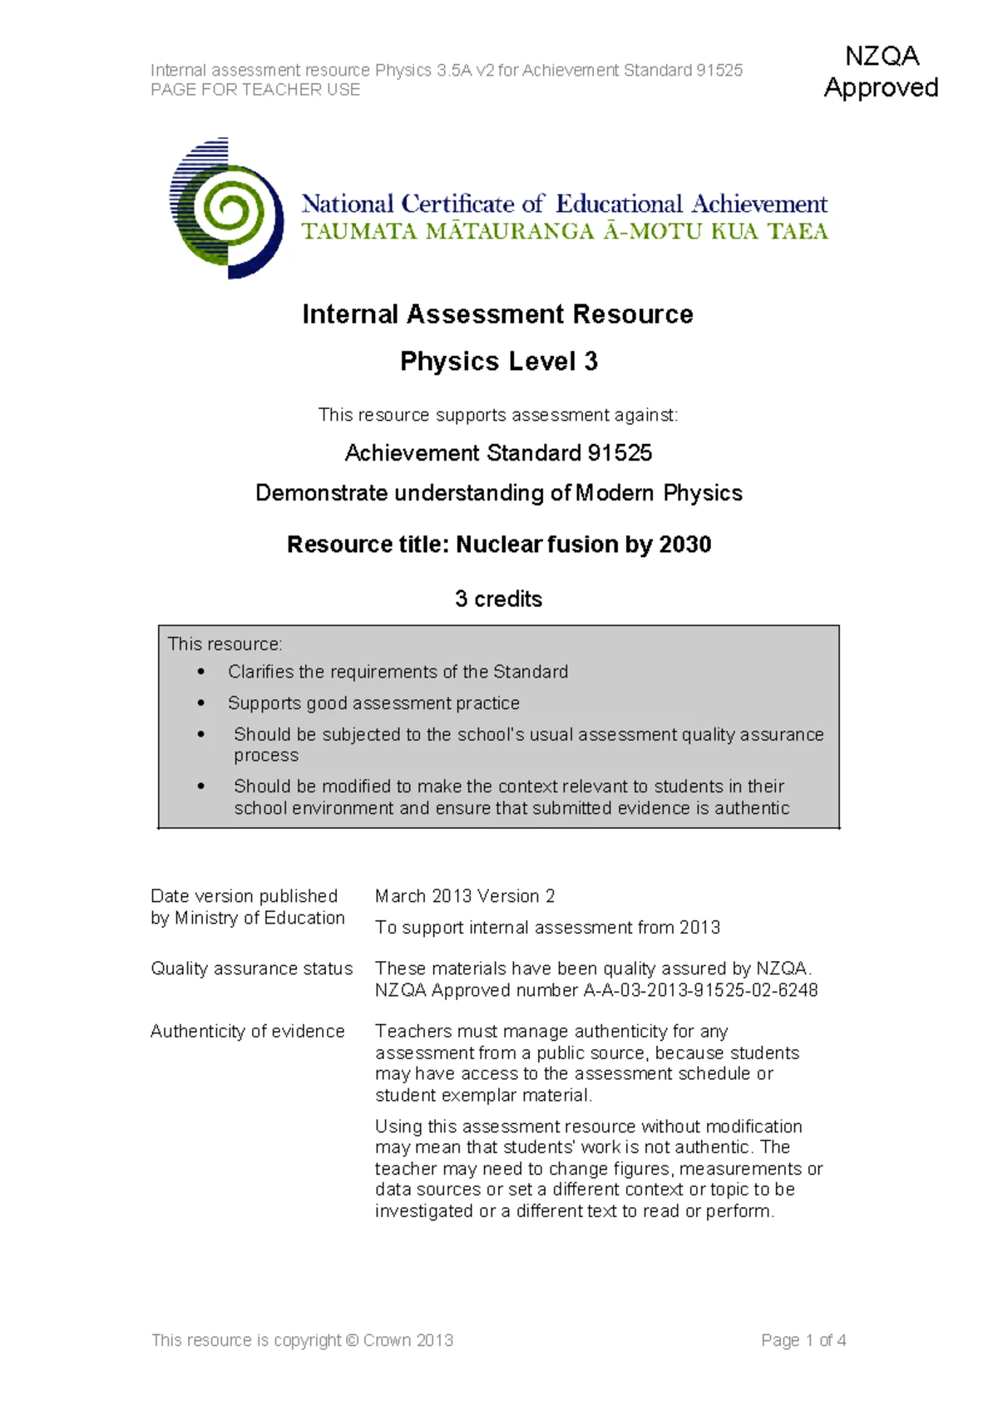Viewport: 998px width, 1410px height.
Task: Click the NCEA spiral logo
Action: pyautogui.click(x=226, y=209)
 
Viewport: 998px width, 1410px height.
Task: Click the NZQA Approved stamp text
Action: pyautogui.click(x=881, y=71)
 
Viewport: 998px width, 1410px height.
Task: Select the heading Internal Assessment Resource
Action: pyautogui.click(x=497, y=314)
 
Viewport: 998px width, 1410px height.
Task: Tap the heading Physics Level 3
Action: pyautogui.click(x=498, y=362)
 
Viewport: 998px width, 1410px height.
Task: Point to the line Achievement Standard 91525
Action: pyautogui.click(x=498, y=453)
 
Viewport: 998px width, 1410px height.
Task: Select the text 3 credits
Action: pyautogui.click(x=498, y=599)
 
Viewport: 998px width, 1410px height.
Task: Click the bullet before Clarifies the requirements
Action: pyautogui.click(x=201, y=672)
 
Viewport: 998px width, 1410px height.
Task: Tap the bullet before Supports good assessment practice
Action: pyautogui.click(x=201, y=703)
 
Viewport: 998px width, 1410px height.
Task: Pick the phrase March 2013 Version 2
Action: pyautogui.click(x=465, y=896)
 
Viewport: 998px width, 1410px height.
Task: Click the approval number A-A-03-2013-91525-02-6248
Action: pyautogui.click(x=700, y=990)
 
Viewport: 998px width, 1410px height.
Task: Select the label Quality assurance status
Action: pyautogui.click(x=251, y=969)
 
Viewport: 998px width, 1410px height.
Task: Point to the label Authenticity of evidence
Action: pyautogui.click(x=247, y=1031)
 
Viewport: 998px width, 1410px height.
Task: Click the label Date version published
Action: pyautogui.click(x=244, y=896)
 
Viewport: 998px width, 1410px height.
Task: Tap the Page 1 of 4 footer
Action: pyautogui.click(x=803, y=1340)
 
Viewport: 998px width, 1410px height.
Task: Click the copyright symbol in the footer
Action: pyautogui.click(x=352, y=1340)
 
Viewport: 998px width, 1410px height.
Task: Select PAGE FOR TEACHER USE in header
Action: pyautogui.click(x=255, y=90)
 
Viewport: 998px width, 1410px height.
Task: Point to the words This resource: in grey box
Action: pyautogui.click(x=225, y=644)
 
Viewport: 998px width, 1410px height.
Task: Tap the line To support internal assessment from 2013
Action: pyautogui.click(x=547, y=928)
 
